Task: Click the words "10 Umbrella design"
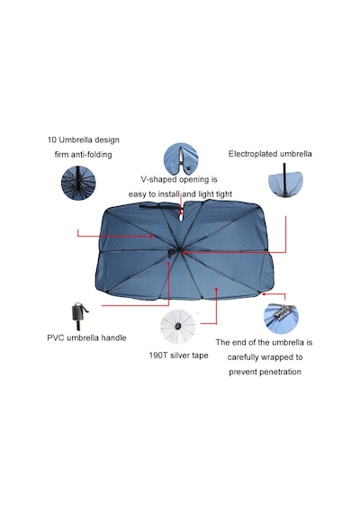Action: (x=83, y=140)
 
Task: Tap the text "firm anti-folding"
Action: (x=83, y=155)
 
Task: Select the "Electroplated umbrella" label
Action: (x=270, y=154)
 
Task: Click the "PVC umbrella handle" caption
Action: (x=86, y=337)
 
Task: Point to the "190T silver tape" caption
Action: (x=179, y=355)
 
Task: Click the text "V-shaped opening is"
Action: (x=179, y=179)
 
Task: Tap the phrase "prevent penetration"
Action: (x=265, y=372)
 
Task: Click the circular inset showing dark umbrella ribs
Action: (x=78, y=183)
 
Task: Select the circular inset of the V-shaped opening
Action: (x=181, y=159)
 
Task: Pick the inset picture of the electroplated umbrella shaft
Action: (x=285, y=181)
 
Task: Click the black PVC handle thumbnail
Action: (x=79, y=316)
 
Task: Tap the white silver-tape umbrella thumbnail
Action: (x=177, y=326)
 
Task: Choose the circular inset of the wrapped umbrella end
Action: (x=281, y=319)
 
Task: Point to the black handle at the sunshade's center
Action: (x=171, y=254)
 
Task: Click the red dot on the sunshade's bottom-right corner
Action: (x=264, y=293)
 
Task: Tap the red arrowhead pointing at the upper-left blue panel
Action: (x=151, y=236)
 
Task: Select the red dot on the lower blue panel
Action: (x=216, y=289)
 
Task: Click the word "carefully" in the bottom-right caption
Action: (x=243, y=357)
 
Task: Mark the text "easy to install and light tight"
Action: (x=180, y=194)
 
